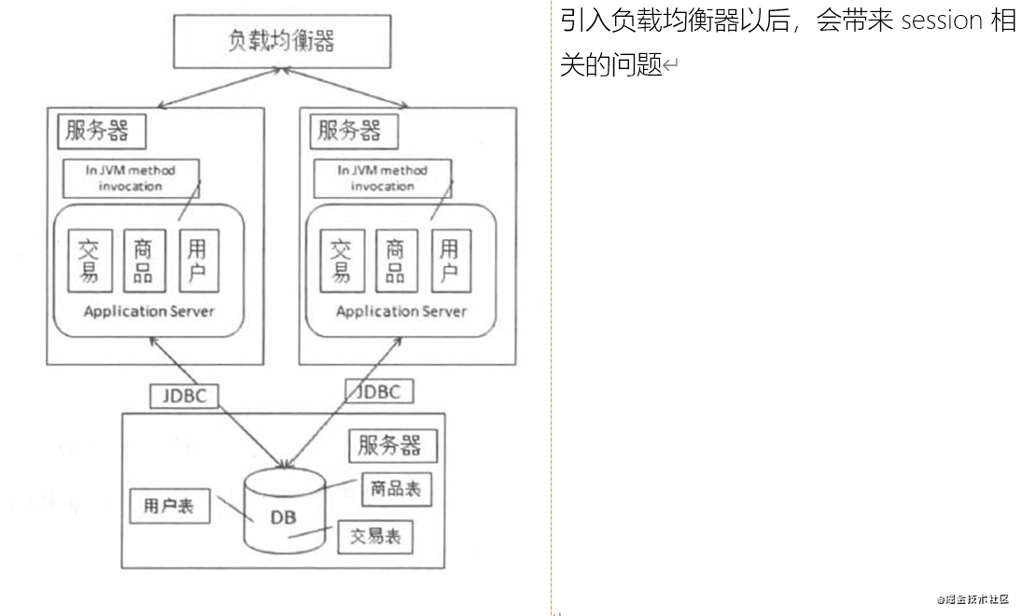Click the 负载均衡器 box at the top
tap(281, 41)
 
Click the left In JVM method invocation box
tap(130, 177)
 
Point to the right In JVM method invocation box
tap(382, 177)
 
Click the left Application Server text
tap(148, 311)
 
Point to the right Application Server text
tap(401, 311)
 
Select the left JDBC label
tap(184, 395)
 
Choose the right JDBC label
tap(379, 391)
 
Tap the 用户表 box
tap(169, 506)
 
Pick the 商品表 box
tap(396, 489)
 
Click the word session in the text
tap(943, 21)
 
